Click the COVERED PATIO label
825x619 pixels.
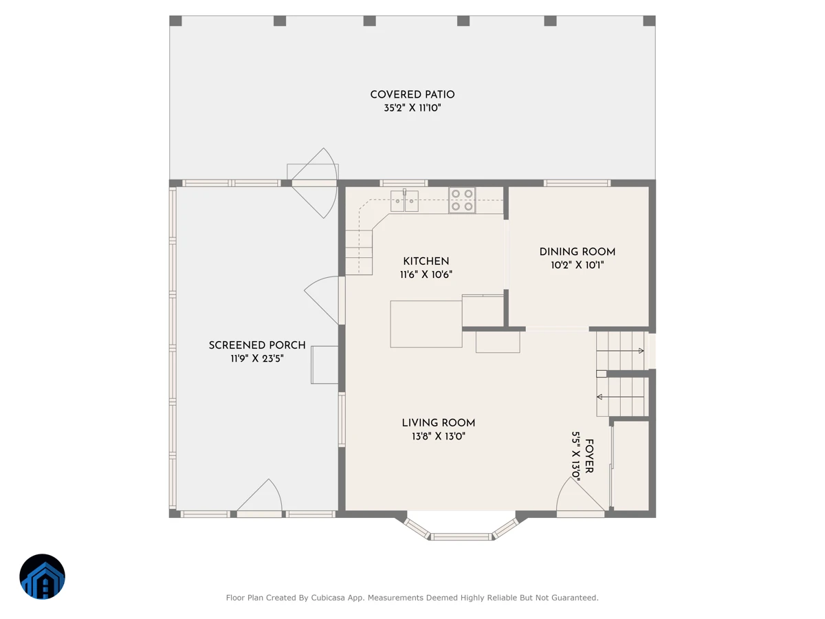tap(412, 95)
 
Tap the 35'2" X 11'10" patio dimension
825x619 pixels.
tap(412, 108)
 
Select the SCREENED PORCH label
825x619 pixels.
tap(257, 345)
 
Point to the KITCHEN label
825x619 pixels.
tap(426, 261)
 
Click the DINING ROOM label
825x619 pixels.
tap(577, 252)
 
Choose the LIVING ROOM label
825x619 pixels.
tap(438, 423)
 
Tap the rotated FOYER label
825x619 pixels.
tap(589, 456)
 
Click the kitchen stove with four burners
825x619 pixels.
tap(462, 200)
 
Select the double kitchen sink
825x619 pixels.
tap(404, 201)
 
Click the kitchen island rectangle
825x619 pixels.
tap(426, 324)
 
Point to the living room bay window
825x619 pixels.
tap(461, 529)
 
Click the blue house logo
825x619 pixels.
tap(42, 576)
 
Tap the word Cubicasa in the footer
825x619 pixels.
tap(327, 598)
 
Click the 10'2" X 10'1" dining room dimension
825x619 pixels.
tap(577, 265)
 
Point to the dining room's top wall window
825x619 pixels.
tap(577, 184)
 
